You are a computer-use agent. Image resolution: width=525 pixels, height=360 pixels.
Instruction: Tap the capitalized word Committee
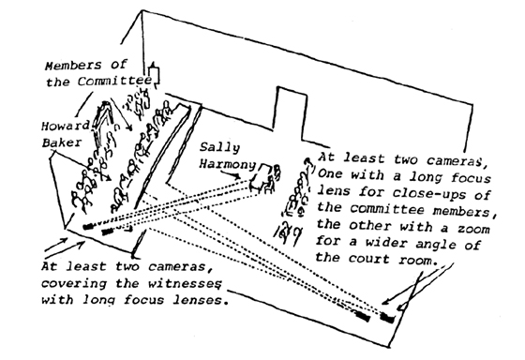coord(114,81)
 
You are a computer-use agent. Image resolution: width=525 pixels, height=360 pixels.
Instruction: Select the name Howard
coord(66,126)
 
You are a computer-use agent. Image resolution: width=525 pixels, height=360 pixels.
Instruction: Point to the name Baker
coord(62,142)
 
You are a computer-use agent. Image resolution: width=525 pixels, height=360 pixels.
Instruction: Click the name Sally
coord(220,148)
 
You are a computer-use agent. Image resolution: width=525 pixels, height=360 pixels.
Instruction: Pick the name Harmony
coord(228,164)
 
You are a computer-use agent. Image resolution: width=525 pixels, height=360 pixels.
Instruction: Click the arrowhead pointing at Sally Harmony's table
coord(238,176)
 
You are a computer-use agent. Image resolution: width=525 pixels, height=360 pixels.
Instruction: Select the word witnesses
coord(185,283)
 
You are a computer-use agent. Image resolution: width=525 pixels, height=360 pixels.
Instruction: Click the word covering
coord(74,284)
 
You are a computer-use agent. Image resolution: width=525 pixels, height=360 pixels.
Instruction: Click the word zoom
coord(473,229)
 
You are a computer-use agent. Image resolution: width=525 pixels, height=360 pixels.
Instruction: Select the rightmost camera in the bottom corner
coord(388,317)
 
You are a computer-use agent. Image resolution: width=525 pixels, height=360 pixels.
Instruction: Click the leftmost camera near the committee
coord(88,227)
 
